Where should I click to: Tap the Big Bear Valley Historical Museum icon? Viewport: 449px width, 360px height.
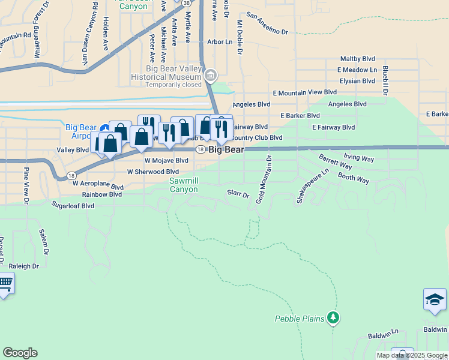pyautogui.click(x=211, y=76)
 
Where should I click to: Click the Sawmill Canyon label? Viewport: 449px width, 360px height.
pyautogui.click(x=183, y=185)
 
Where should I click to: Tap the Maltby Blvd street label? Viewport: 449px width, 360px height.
pyautogui.click(x=357, y=59)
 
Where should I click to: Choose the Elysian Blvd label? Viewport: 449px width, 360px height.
pyautogui.click(x=357, y=81)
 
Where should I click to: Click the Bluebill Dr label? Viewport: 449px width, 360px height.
pyautogui.click(x=385, y=80)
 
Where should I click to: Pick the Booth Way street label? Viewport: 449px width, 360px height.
pyautogui.click(x=353, y=179)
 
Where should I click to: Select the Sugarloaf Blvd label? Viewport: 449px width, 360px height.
pyautogui.click(x=73, y=205)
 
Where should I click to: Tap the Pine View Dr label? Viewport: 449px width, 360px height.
pyautogui.click(x=26, y=185)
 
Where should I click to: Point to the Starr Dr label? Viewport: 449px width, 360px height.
pyautogui.click(x=238, y=194)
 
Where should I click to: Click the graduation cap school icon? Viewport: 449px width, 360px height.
pyautogui.click(x=434, y=299)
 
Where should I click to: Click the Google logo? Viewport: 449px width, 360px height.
pyautogui.click(x=20, y=353)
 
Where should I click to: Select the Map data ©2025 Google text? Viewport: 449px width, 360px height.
pyautogui.click(x=412, y=355)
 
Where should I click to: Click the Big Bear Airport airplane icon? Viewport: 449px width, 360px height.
pyautogui.click(x=104, y=128)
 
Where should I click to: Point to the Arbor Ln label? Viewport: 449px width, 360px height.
pyautogui.click(x=219, y=42)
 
